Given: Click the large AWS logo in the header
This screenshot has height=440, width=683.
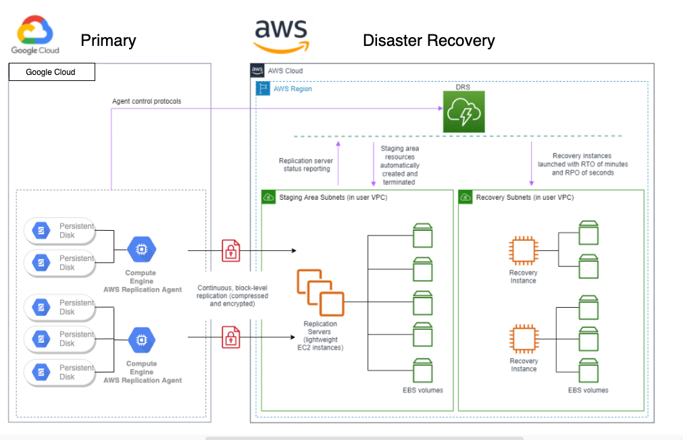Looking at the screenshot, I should tap(280, 34).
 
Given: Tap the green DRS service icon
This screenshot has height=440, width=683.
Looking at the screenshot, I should tap(463, 112).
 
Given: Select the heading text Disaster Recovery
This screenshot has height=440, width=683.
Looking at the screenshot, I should tap(428, 40).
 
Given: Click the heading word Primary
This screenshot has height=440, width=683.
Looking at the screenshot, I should tap(108, 40).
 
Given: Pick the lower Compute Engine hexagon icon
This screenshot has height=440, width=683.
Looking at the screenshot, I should tap(141, 339).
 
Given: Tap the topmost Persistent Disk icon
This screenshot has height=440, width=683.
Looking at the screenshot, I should tap(41, 231).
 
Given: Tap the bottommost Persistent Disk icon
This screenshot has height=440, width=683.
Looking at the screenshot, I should tap(41, 373).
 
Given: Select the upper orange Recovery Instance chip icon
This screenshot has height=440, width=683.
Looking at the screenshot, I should tap(524, 251).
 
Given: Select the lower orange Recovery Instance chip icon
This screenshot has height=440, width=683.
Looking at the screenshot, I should tap(524, 339).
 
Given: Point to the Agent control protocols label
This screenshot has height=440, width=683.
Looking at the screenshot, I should tap(147, 101).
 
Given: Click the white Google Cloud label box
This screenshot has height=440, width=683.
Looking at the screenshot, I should tap(51, 72).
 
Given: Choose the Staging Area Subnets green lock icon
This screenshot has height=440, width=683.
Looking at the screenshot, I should tap(268, 197).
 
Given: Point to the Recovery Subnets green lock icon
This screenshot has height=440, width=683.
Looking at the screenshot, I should tap(465, 197).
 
